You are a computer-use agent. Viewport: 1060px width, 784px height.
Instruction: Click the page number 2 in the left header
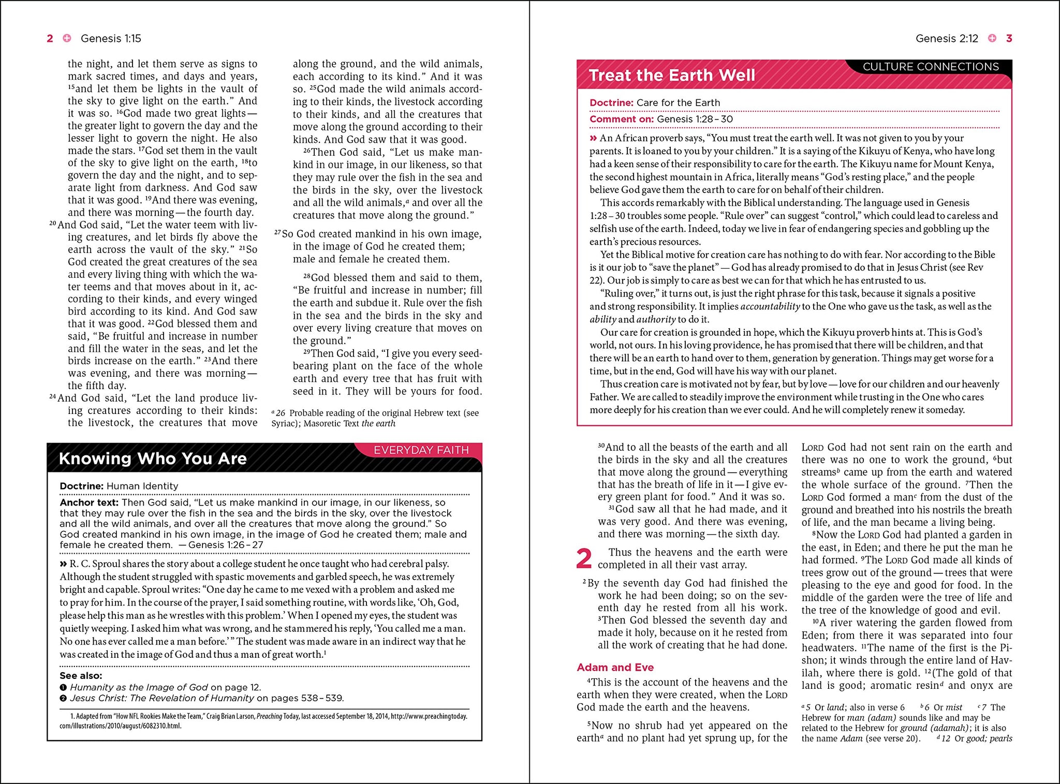pyautogui.click(x=50, y=38)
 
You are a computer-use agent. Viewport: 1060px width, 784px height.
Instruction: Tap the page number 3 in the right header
pyautogui.click(x=1009, y=38)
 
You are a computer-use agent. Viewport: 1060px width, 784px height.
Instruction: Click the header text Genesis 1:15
pyautogui.click(x=111, y=38)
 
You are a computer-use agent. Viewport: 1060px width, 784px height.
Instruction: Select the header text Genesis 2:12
pyautogui.click(x=947, y=38)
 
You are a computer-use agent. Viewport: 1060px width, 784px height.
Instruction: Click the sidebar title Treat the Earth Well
pyautogui.click(x=672, y=76)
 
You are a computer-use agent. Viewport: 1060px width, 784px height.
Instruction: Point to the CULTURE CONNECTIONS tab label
pyautogui.click(x=931, y=67)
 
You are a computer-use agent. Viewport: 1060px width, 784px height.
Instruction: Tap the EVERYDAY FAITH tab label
pyautogui.click(x=421, y=450)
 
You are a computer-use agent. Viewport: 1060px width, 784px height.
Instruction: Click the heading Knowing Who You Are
pyautogui.click(x=153, y=458)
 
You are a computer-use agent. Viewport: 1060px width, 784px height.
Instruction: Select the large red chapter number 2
pyautogui.click(x=584, y=559)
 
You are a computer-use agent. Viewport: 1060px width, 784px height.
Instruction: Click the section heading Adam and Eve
pyautogui.click(x=615, y=667)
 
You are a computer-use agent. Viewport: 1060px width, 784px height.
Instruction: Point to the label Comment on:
pyautogui.click(x=622, y=119)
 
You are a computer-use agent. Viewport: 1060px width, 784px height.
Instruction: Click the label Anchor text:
pyautogui.click(x=89, y=502)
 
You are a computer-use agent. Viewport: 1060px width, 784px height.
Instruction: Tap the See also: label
pyautogui.click(x=81, y=675)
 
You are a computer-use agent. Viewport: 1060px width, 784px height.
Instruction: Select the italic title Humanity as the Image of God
pyautogui.click(x=139, y=687)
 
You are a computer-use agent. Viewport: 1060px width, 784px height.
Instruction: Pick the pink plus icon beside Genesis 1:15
pyautogui.click(x=67, y=38)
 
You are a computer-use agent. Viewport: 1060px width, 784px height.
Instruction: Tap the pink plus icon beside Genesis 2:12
pyautogui.click(x=992, y=38)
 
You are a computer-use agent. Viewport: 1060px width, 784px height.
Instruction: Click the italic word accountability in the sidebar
pyautogui.click(x=770, y=306)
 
